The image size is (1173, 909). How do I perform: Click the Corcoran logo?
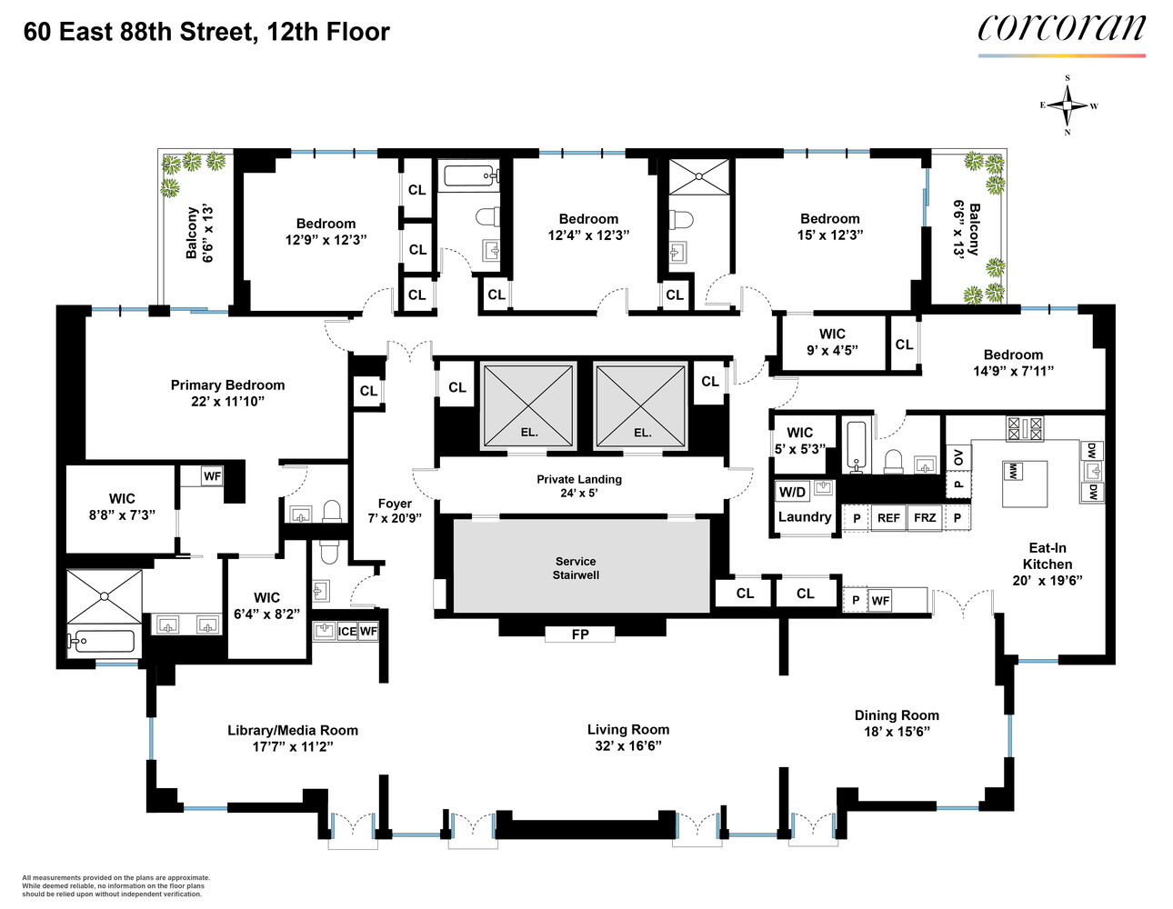coord(1061,29)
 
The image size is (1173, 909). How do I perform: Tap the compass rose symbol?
coord(1068,105)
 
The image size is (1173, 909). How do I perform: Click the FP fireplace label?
coord(580,634)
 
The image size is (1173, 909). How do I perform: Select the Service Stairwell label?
coord(576,568)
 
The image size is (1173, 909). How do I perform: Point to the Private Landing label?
coord(579,479)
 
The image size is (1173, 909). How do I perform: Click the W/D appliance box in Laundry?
coord(792,492)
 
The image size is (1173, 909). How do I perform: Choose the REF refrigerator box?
coord(888,518)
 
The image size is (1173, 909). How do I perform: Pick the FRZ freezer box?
coord(925,518)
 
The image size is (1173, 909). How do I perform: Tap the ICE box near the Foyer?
coord(347,632)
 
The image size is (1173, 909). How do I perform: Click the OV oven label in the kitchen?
coord(957,457)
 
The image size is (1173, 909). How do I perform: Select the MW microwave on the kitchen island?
coord(1011,471)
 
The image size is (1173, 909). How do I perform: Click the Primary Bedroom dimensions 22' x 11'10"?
coord(227,401)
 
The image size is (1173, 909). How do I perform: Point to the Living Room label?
coord(627,729)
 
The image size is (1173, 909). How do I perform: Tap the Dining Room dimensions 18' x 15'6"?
coord(897,732)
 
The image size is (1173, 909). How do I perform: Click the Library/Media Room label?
coord(292,730)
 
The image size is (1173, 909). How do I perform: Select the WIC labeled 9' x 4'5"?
coord(832,342)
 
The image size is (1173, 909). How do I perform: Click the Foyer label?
coord(395,503)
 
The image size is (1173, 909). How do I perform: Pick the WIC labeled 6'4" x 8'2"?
coord(266,605)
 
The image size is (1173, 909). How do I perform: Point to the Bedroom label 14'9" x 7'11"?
coord(1013,355)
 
